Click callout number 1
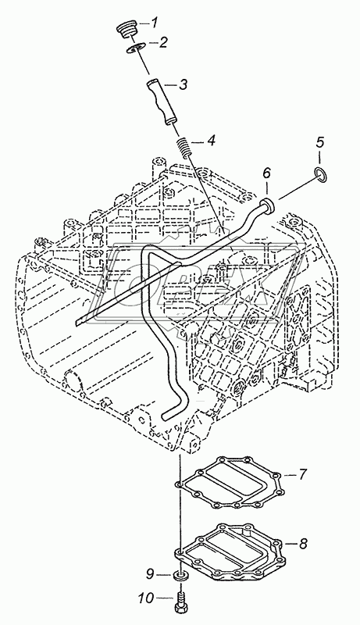tap(155, 22)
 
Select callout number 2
tap(163, 42)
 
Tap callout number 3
tap(183, 84)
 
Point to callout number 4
tap(210, 141)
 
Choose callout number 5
tap(320, 142)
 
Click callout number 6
tap(266, 173)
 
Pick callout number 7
tap(303, 474)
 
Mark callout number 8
tap(304, 543)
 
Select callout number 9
tap(150, 574)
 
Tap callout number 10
tap(147, 598)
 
